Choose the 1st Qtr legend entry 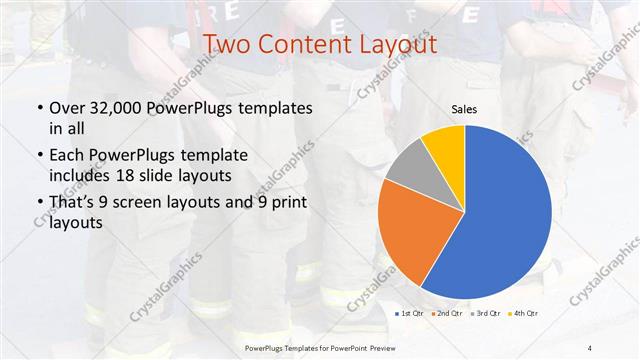[x=410, y=315]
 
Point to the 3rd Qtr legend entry [x=485, y=315]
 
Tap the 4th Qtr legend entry [x=524, y=315]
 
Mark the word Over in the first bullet [x=65, y=108]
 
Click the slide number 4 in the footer [x=590, y=347]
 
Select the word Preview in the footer [x=379, y=347]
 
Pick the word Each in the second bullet [x=65, y=156]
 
